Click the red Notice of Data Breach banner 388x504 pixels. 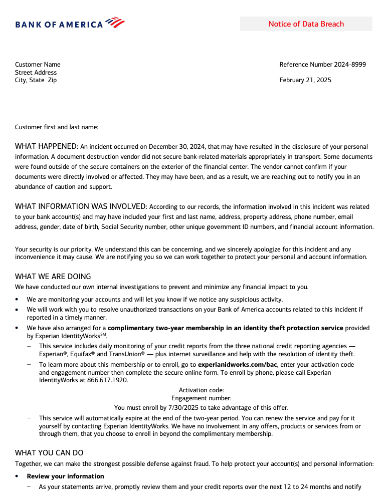coord(306,24)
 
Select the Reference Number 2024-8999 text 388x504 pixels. coord(322,64)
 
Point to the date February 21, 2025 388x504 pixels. coord(305,80)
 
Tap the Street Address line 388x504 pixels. coord(36,72)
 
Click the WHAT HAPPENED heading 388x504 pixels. coord(47,146)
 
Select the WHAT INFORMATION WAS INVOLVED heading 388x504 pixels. coord(81,206)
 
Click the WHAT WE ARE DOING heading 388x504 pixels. coord(53,277)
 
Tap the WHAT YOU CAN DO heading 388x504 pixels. coord(49,453)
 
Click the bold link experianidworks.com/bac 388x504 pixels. coord(238,364)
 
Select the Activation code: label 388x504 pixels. coord(201,390)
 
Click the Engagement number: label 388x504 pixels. coord(201,399)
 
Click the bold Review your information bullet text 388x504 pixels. coord(65,476)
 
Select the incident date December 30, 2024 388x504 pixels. coord(175,147)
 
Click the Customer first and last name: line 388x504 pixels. coord(57,127)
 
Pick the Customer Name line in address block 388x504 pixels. coord(38,64)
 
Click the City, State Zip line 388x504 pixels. coord(36,80)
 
